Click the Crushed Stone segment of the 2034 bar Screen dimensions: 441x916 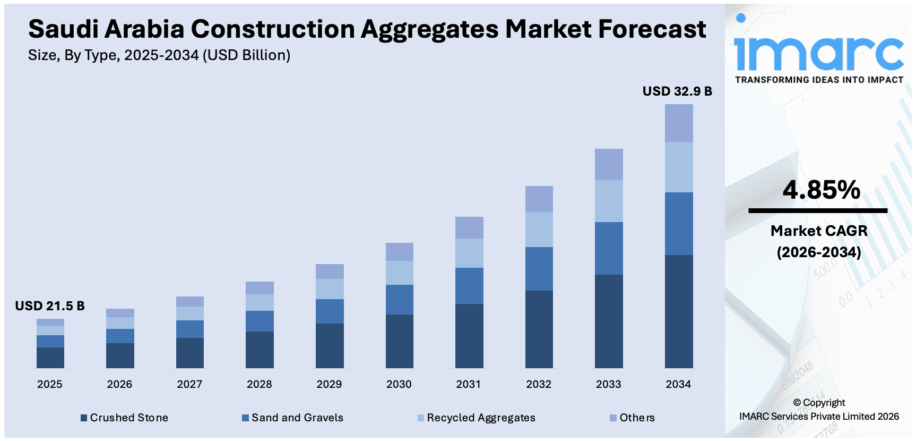(679, 311)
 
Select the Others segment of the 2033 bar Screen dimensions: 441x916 (609, 164)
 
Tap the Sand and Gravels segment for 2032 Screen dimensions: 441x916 (539, 269)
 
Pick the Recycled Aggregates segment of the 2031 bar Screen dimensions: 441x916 (469, 253)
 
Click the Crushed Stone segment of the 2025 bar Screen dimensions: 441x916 (50, 358)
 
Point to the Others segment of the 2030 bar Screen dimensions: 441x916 (399, 251)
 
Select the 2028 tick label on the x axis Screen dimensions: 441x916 (259, 384)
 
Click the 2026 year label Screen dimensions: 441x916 (119, 384)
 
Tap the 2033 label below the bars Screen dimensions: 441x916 (608, 384)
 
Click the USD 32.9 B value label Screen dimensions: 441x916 (677, 91)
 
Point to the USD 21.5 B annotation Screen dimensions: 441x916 (50, 306)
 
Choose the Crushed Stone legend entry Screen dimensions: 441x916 (124, 418)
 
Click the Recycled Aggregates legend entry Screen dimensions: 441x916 (476, 418)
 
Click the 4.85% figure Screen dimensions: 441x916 (821, 190)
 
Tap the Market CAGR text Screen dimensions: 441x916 (819, 231)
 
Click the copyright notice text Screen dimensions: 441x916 (819, 410)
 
